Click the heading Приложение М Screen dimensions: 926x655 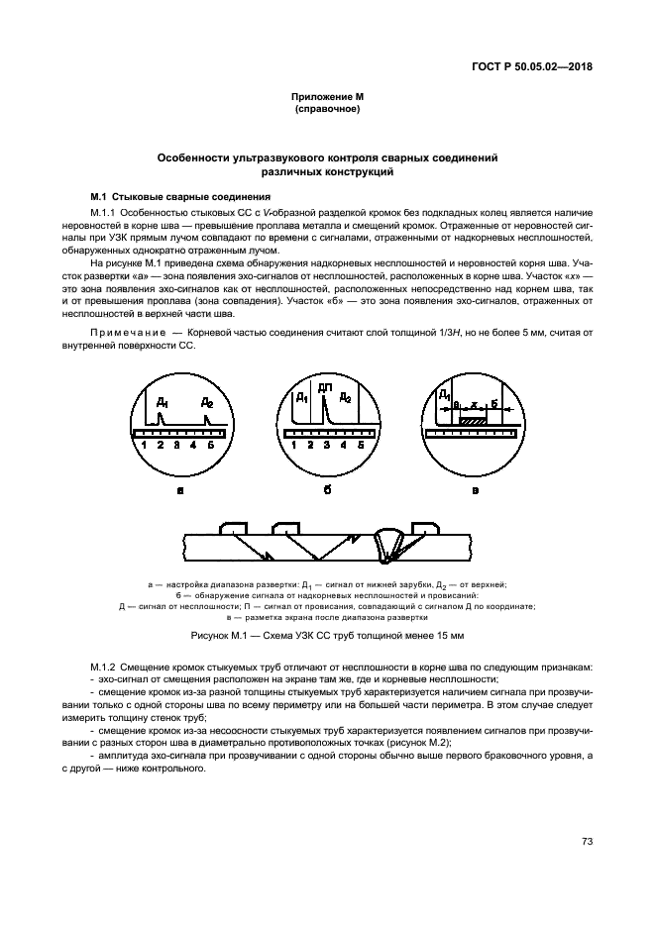(327, 97)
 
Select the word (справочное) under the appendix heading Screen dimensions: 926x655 (327, 109)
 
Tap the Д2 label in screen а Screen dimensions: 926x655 (206, 402)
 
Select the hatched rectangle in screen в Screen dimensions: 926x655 (474, 420)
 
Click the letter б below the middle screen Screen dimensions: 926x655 (327, 488)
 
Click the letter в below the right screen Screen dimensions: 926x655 (475, 488)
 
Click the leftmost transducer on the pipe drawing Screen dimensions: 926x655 (235, 524)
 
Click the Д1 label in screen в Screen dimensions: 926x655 (443, 395)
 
